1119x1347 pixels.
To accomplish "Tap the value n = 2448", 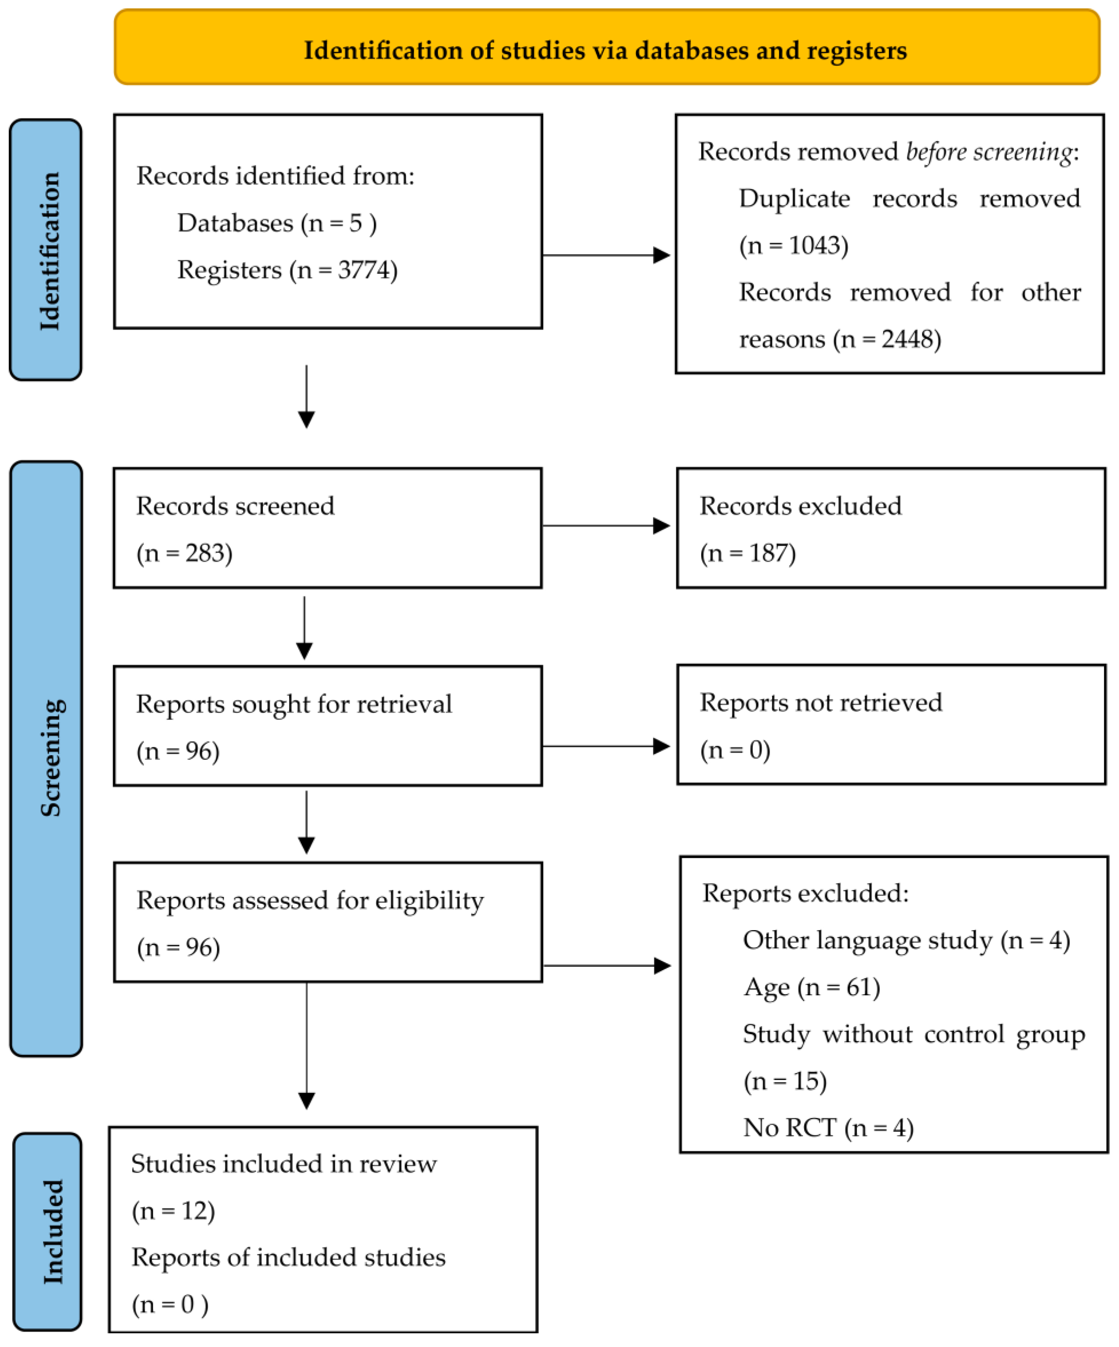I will [887, 339].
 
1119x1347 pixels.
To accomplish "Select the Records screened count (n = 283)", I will [184, 553].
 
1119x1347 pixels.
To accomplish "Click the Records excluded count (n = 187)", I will [748, 553].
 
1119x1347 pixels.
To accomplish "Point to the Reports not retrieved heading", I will [820, 702].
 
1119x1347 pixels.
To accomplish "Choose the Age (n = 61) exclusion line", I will [812, 987].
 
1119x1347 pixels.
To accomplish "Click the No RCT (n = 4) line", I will [828, 1128].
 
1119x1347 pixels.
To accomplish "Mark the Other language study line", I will [906, 940].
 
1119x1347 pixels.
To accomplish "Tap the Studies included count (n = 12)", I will [173, 1210].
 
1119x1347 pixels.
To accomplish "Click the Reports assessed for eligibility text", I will [310, 900].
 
